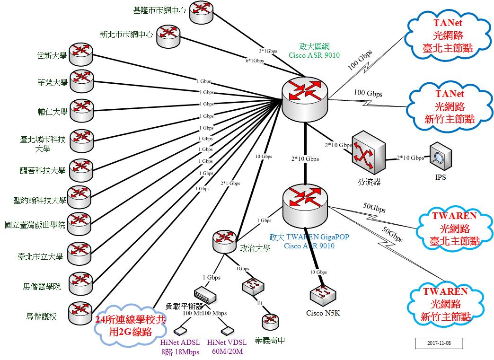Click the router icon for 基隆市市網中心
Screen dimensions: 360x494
tap(202, 12)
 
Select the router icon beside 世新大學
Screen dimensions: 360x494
tap(81, 54)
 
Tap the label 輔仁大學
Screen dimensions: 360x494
tap(52, 112)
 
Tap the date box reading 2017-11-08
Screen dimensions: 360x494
tap(438, 343)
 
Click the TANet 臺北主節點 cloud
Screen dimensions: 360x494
tap(448, 35)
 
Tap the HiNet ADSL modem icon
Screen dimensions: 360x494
tap(180, 330)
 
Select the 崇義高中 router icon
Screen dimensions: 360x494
tap(270, 322)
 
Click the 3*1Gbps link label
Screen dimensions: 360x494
tap(268, 51)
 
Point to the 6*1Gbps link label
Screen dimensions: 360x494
tap(255, 61)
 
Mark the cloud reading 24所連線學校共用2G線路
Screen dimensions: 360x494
tap(130, 325)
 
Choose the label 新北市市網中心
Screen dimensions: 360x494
tap(126, 34)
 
